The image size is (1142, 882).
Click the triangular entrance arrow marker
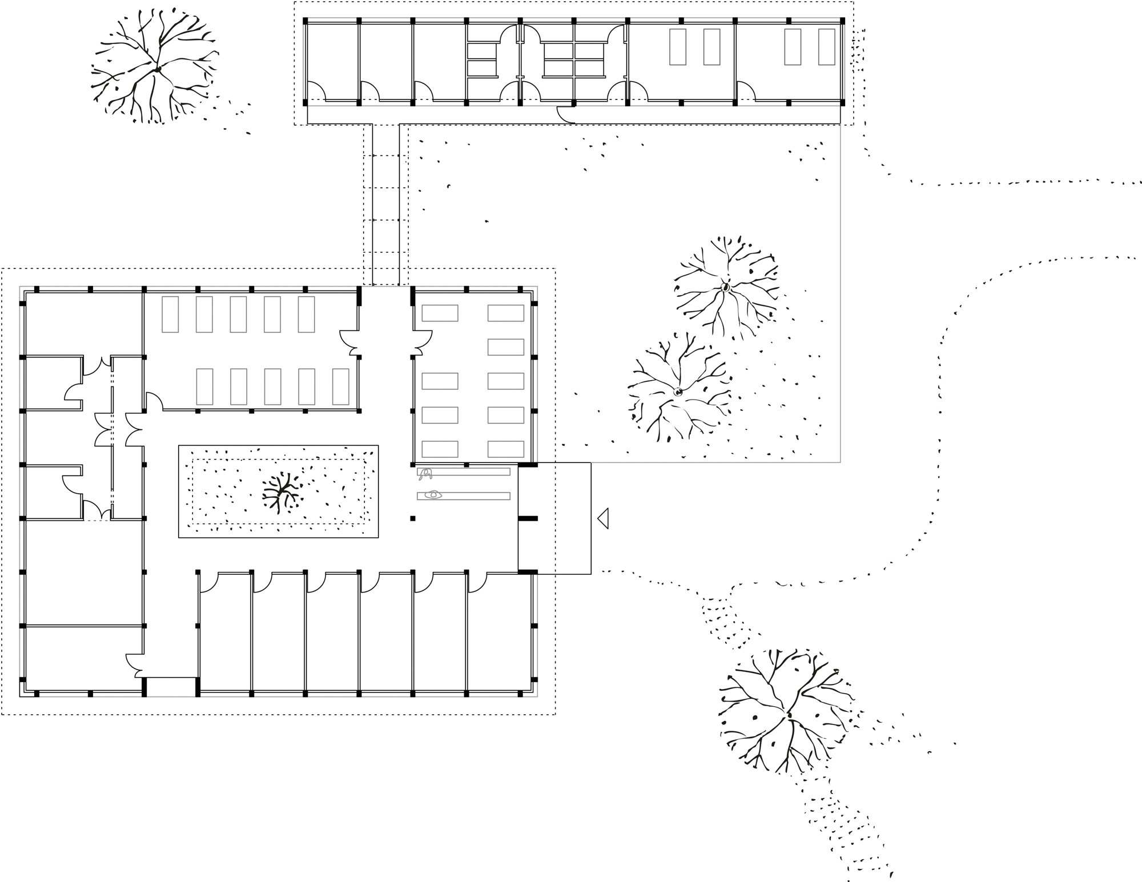pos(603,518)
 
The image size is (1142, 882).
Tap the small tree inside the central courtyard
pos(281,492)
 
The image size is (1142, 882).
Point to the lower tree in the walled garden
pos(678,392)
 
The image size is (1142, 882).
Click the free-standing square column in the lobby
pos(412,518)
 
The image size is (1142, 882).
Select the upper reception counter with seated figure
pos(464,472)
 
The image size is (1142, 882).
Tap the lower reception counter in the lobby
pos(464,496)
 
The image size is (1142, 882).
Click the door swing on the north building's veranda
pos(565,114)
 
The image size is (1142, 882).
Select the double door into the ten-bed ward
pos(349,342)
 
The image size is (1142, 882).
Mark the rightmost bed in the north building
pos(826,47)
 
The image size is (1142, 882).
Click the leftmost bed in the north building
pos(678,47)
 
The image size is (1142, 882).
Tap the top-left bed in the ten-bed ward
pos(170,314)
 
